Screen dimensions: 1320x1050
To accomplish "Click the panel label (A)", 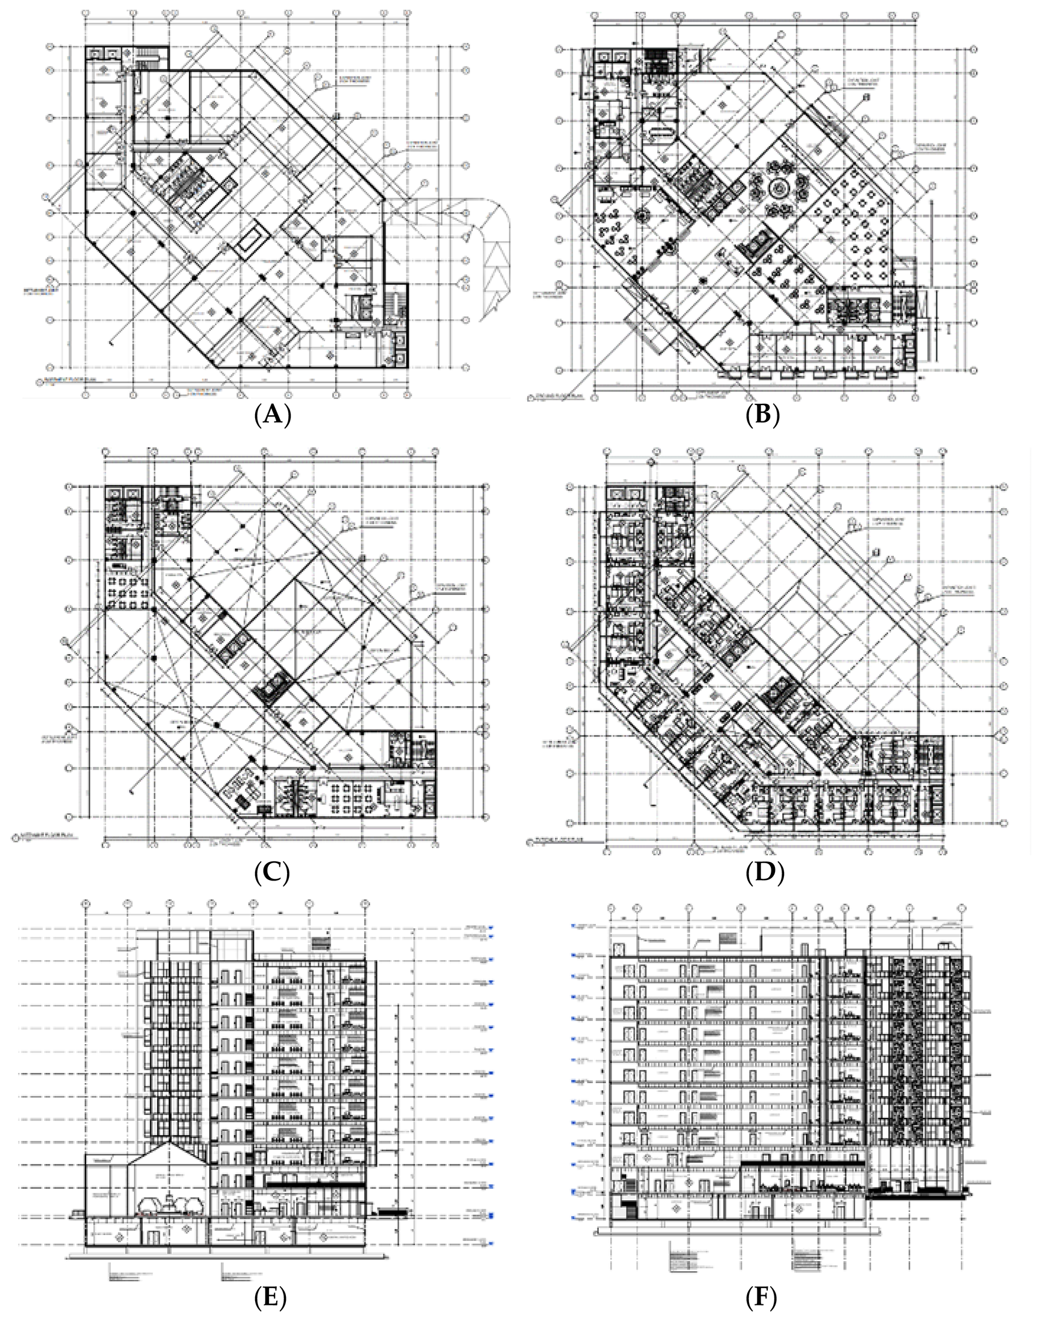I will (271, 416).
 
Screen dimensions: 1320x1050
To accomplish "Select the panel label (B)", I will (762, 416).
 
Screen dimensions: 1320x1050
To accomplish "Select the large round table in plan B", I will (779, 189).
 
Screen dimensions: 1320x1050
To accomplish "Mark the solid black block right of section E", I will (392, 1212).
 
